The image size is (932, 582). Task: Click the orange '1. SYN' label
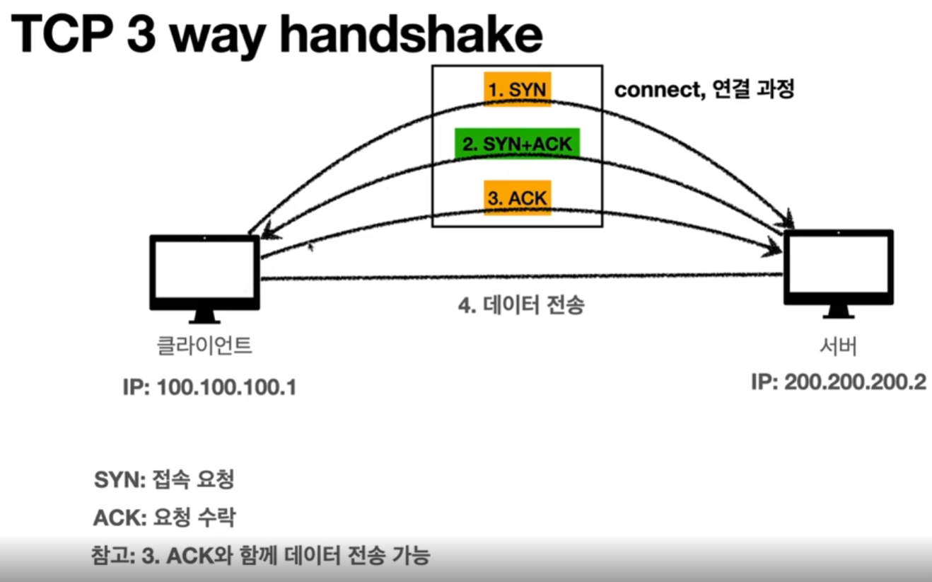click(x=517, y=90)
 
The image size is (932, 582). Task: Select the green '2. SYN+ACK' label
click(x=517, y=144)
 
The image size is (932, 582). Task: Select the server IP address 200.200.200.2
click(x=838, y=382)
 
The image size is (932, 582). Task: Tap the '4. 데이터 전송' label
click(x=522, y=307)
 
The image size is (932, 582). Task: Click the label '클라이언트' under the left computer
click(x=204, y=347)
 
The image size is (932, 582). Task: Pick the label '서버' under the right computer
click(x=838, y=348)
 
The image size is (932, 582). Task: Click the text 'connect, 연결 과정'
click(x=704, y=91)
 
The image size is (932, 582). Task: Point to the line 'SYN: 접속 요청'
click(x=163, y=480)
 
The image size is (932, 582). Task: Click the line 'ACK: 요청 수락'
click(x=163, y=518)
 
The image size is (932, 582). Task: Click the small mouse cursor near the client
click(x=310, y=247)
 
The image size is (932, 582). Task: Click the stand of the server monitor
click(x=839, y=312)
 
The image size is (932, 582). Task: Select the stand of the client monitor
click(x=205, y=317)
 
